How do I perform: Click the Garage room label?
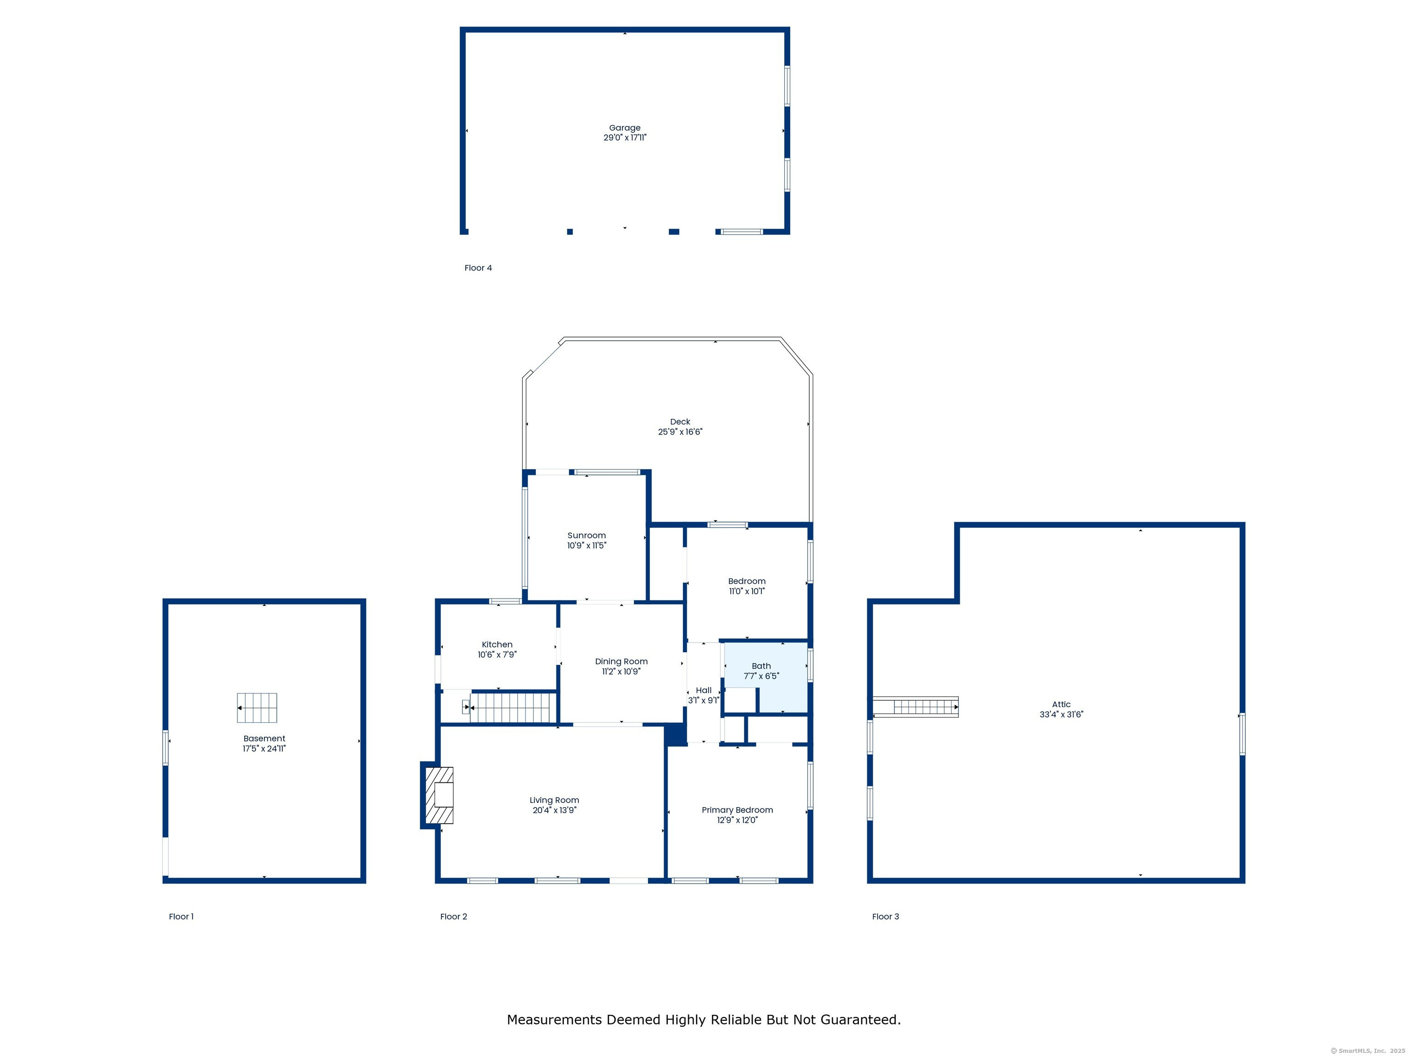[624, 128]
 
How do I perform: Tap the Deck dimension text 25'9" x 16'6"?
[680, 432]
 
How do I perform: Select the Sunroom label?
[586, 535]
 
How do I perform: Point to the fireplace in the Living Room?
[439, 795]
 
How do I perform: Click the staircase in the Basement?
[257, 708]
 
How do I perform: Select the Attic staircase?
[915, 707]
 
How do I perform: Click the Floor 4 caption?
[478, 268]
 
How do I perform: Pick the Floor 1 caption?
[181, 917]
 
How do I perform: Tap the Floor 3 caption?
[885, 917]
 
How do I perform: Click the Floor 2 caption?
[454, 917]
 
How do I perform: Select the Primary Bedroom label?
[737, 810]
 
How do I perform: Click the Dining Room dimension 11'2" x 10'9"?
[621, 671]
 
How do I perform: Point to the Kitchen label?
[497, 645]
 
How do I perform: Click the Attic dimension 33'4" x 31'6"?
[1061, 714]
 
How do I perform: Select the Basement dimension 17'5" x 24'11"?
[264, 748]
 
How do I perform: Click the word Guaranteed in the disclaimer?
[859, 1020]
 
